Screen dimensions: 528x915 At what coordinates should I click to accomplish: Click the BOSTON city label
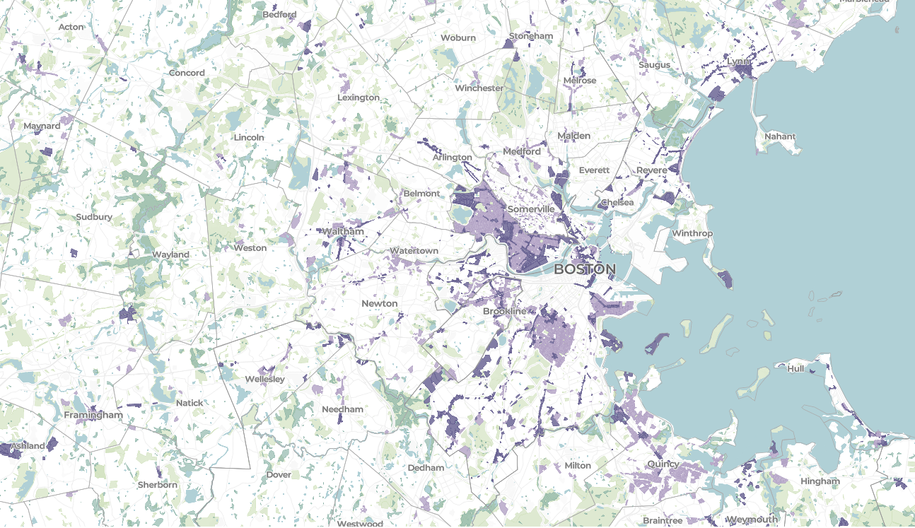click(584, 269)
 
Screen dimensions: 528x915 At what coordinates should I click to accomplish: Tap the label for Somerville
click(530, 210)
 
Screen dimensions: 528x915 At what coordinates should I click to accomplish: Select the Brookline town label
click(504, 311)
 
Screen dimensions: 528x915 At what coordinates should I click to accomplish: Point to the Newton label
click(380, 303)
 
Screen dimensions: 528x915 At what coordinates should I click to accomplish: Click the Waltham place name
click(343, 232)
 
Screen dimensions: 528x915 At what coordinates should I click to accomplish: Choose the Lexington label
click(359, 98)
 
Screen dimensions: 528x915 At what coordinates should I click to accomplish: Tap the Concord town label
click(187, 73)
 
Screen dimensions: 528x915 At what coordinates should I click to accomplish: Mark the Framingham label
click(93, 415)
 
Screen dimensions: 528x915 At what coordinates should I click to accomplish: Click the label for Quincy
click(663, 464)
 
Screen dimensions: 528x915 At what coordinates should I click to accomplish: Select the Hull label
click(795, 368)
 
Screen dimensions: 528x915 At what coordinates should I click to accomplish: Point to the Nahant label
click(780, 136)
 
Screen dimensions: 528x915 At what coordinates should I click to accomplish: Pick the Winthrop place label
click(692, 233)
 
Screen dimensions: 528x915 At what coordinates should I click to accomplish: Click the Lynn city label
click(738, 61)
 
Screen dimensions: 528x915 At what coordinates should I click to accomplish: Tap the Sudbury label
click(94, 216)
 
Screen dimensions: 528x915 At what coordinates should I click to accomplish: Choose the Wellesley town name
click(264, 379)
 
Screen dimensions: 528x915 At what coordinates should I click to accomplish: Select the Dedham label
click(426, 467)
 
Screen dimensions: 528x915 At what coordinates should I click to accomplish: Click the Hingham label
click(820, 481)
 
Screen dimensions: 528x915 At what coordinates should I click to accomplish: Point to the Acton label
click(71, 27)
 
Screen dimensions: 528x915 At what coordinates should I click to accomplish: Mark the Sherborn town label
click(158, 485)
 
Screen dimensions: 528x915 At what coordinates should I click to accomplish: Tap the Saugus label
click(654, 65)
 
